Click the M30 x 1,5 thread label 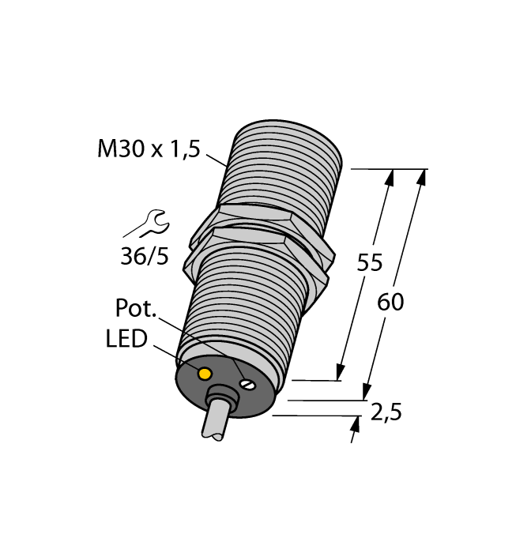tap(149, 149)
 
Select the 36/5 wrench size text tap(145, 257)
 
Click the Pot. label tap(137, 307)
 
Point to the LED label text tap(126, 340)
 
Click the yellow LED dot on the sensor tap(205, 373)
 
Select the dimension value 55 tap(370, 263)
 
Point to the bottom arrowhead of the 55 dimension tap(341, 372)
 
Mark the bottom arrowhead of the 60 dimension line tap(367, 392)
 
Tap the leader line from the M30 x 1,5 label tap(217, 160)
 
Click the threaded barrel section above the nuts tap(285, 166)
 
